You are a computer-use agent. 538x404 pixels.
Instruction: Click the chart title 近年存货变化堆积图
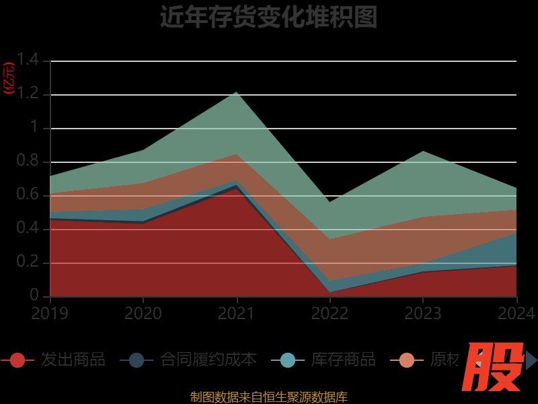coord(268,17)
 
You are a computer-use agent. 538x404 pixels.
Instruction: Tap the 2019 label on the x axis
coord(50,314)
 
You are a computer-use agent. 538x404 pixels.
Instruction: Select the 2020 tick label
coord(143,314)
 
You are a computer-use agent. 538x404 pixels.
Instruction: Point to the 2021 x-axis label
coord(236,314)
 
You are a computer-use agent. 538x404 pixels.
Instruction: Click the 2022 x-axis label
coord(330,314)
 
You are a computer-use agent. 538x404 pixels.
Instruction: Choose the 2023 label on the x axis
coord(422,314)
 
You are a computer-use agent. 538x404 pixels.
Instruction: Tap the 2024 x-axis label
coord(516,314)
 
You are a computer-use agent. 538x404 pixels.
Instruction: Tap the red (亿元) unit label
coord(9,78)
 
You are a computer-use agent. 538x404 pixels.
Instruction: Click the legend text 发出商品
coord(73,360)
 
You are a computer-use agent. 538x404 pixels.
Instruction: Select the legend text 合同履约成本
coord(208,360)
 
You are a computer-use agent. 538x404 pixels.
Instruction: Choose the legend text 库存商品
coord(344,360)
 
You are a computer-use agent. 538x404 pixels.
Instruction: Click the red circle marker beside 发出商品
coord(17,360)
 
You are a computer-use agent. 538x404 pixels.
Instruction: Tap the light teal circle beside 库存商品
coord(288,360)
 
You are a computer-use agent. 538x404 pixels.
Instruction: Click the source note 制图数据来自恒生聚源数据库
coord(268,397)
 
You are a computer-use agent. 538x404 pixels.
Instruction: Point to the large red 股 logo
coord(495,367)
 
